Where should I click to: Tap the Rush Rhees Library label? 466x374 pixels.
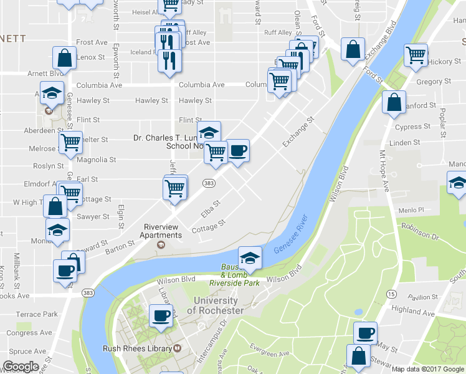(x=138, y=348)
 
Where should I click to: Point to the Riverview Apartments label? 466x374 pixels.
(x=163, y=231)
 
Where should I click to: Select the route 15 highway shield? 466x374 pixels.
(x=391, y=294)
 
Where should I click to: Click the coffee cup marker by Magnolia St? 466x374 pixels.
(x=237, y=150)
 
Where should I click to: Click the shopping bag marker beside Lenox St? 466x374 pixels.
(x=64, y=57)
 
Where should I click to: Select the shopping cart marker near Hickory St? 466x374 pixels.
(x=416, y=54)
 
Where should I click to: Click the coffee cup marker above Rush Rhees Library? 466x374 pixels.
(x=161, y=315)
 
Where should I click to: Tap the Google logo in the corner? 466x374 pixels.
(x=21, y=367)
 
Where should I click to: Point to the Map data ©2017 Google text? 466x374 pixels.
(x=428, y=369)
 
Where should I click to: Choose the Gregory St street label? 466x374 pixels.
(x=434, y=82)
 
